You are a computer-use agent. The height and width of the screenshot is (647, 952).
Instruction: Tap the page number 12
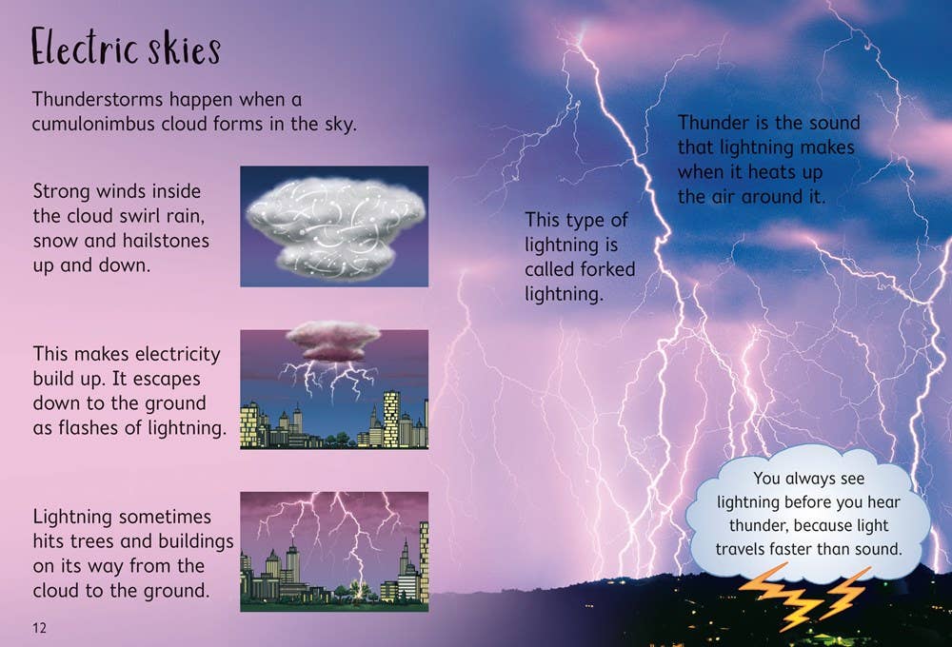[39, 627]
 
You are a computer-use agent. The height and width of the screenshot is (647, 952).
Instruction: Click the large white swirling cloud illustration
[333, 225]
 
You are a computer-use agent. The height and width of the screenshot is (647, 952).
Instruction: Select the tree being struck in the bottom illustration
[359, 591]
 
